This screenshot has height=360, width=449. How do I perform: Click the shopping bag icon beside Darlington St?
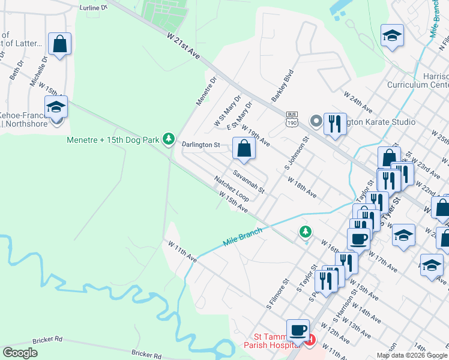244,149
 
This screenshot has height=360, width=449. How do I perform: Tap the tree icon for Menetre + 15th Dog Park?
170,139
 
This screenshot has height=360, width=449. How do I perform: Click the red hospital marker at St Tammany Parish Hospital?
310,341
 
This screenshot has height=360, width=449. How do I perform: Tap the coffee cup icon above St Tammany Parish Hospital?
298,330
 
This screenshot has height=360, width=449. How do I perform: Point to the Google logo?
20,353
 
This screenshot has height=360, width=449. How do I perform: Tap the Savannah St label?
249,181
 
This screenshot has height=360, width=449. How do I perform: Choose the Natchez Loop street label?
232,188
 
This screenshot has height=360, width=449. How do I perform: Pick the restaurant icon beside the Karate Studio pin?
335,124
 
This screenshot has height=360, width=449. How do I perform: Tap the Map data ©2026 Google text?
412,355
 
